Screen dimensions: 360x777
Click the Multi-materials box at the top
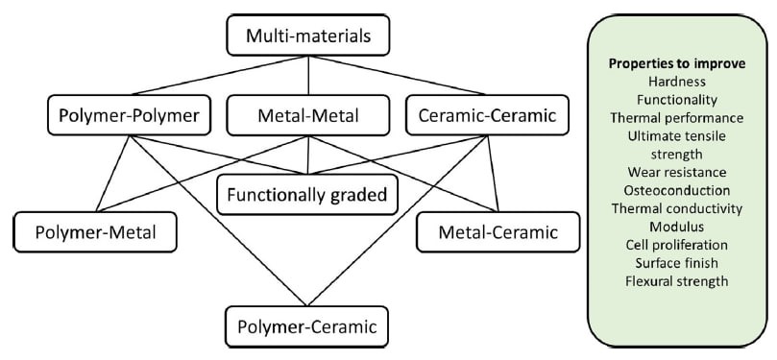[x=306, y=38]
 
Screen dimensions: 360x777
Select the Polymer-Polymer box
[x=123, y=116]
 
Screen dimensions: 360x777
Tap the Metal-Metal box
[x=306, y=116]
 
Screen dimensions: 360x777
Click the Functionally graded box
[x=306, y=196]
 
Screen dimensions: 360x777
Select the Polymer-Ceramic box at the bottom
[x=306, y=325]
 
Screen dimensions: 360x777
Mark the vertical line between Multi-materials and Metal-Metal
[x=306, y=77]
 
